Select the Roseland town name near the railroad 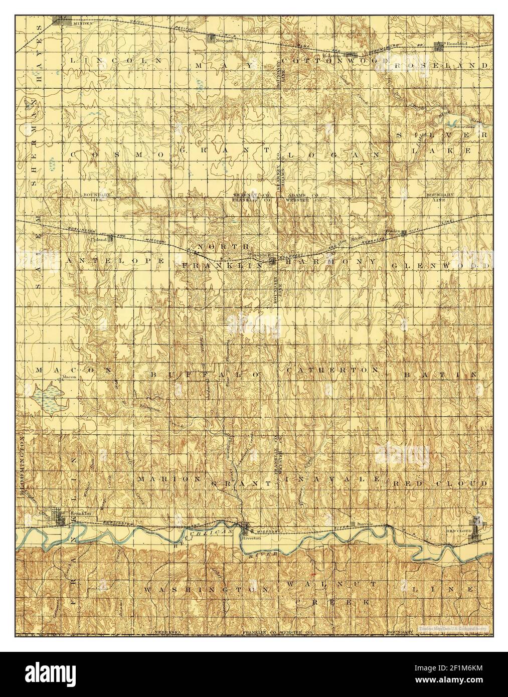456,44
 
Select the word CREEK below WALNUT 333,601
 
